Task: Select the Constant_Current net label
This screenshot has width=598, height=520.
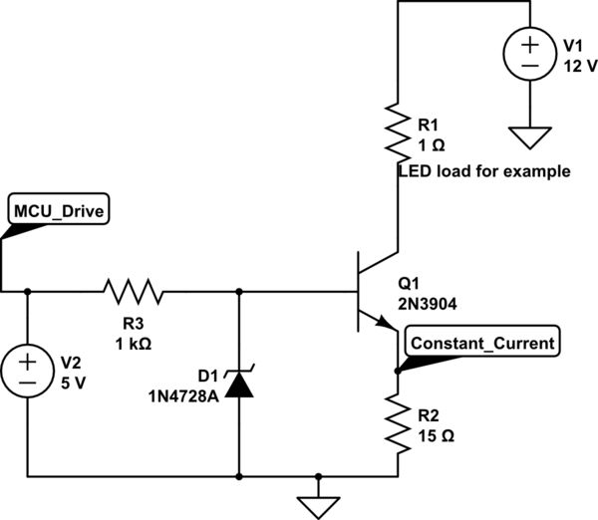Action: pyautogui.click(x=480, y=342)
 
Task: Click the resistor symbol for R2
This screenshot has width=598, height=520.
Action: pyautogui.click(x=398, y=424)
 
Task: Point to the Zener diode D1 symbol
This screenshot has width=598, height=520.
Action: pyautogui.click(x=239, y=383)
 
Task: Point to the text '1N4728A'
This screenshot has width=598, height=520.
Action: pyautogui.click(x=178, y=393)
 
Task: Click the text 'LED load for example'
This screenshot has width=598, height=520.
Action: pyautogui.click(x=484, y=171)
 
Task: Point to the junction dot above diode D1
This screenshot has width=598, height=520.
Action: pyautogui.click(x=239, y=292)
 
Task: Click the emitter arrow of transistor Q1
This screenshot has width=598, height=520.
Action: pyautogui.click(x=383, y=320)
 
